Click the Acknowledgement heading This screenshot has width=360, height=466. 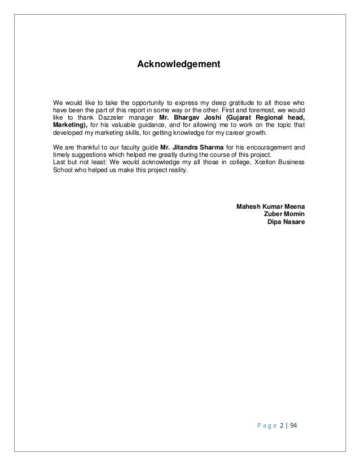pos(179,65)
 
